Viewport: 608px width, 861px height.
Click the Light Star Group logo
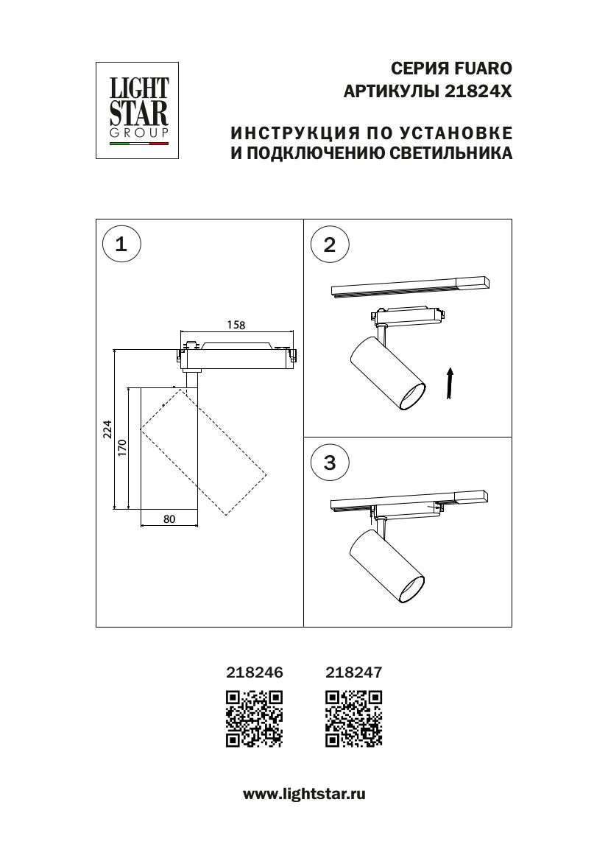[x=139, y=110]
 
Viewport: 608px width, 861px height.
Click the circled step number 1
[x=121, y=244]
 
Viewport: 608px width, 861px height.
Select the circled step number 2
[x=329, y=244]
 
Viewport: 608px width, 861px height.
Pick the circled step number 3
[x=329, y=462]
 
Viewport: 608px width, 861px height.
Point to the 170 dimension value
[x=122, y=447]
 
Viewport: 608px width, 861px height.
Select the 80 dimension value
[x=169, y=519]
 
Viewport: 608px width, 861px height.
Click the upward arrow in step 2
[x=449, y=384]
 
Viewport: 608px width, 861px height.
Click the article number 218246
[x=253, y=672]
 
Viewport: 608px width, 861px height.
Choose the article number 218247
[x=353, y=672]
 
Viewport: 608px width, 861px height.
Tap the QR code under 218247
[x=353, y=718]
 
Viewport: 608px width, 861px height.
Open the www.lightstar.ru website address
[x=304, y=794]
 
